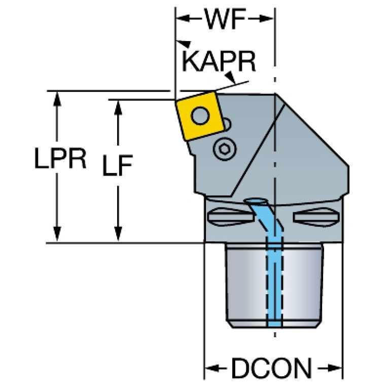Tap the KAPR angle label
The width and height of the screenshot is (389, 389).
pyautogui.click(x=218, y=61)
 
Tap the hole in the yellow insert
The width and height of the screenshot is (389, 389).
pyautogui.click(x=202, y=116)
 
